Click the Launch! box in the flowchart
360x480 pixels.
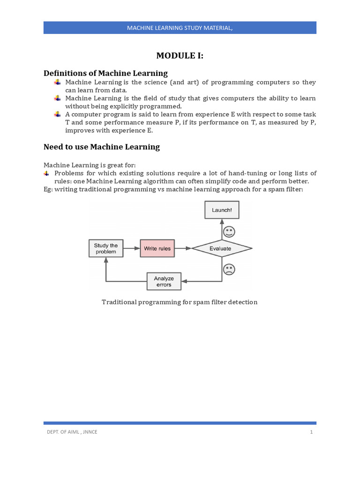point(222,210)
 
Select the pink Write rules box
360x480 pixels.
point(157,248)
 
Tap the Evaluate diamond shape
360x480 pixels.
point(222,248)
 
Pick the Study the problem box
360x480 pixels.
point(106,248)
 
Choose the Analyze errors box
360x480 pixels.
point(164,281)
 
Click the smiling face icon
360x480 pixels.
point(229,232)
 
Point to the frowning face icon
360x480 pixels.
point(229,269)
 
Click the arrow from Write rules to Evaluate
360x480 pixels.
point(183,248)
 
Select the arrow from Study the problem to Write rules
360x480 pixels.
point(131,248)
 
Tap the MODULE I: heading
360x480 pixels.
point(180,56)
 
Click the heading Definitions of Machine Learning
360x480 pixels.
point(105,73)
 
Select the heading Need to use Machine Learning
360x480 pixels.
point(102,147)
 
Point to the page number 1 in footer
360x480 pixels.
point(311,432)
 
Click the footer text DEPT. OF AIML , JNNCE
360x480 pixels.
point(70,432)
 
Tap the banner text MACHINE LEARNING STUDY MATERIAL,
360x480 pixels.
point(180,28)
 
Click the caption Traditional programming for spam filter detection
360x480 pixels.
point(180,302)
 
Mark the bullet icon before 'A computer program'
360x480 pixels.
point(57,114)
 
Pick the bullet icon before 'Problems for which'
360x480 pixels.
point(46,173)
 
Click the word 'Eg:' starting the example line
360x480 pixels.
point(48,189)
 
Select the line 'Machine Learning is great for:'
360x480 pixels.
point(90,165)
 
